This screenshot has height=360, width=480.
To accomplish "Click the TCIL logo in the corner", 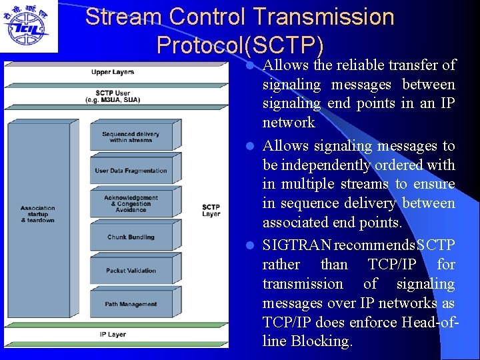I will (x=28, y=27).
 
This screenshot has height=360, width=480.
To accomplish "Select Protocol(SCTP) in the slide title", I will (x=240, y=45).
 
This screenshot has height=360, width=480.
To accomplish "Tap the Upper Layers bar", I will (x=113, y=72).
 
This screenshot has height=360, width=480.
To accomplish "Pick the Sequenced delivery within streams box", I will (x=127, y=137).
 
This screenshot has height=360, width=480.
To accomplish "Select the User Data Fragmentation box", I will (x=131, y=171).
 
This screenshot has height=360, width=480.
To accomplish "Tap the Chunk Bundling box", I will (x=131, y=237).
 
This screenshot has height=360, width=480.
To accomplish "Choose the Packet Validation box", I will (x=131, y=271).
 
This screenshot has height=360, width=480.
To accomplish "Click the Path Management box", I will (x=131, y=304).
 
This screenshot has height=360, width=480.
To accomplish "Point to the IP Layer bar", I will (x=113, y=334).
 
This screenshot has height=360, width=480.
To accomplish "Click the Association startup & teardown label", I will (x=38, y=213).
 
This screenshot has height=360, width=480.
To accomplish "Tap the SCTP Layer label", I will (x=211, y=211).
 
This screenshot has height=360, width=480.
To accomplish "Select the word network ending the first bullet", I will (x=289, y=122).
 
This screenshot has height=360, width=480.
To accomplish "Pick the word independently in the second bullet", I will (x=320, y=165).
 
